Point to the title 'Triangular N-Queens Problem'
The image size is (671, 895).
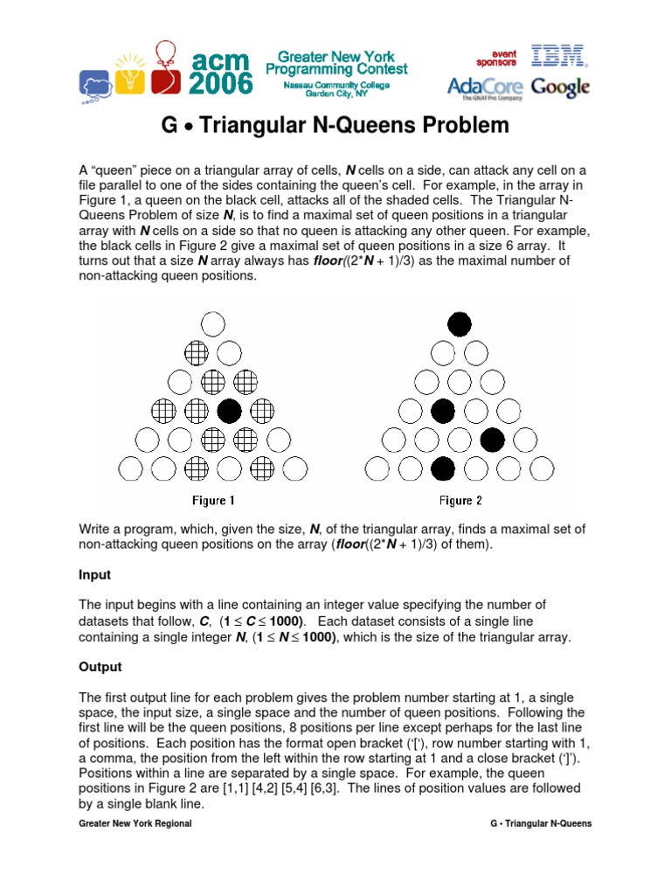(335, 125)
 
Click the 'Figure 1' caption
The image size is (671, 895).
(214, 501)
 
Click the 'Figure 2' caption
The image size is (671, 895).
(460, 501)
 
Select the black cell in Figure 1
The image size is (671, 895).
(230, 410)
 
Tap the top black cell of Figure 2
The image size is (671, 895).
(460, 324)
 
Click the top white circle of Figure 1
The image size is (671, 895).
(213, 324)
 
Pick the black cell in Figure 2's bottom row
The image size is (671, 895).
(444, 469)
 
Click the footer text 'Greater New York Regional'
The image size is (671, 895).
(135, 823)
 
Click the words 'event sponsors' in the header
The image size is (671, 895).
(495, 57)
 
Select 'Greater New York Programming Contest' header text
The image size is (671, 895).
(336, 61)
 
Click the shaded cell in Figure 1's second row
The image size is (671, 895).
(197, 353)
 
